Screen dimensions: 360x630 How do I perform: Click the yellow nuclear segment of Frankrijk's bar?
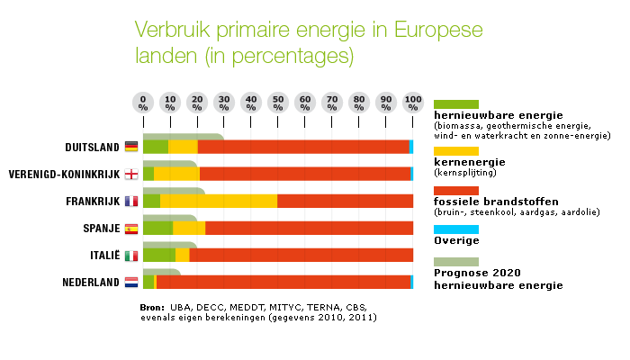tap(219, 201)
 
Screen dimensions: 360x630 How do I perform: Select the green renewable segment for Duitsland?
tap(155, 147)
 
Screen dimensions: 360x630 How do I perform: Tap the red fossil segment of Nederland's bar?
tap(283, 282)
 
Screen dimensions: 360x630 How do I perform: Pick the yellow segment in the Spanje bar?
tap(189, 228)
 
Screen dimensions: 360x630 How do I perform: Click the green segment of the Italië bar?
tap(158, 255)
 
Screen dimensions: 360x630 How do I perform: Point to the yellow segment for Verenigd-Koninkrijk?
tap(176, 174)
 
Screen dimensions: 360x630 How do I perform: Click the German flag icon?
tap(131, 147)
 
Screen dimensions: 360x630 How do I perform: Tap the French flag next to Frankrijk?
tap(131, 201)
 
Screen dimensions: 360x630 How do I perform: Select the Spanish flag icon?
tap(131, 229)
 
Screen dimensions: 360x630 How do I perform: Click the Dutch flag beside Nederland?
tap(131, 283)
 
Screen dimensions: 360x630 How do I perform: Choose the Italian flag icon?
tap(131, 256)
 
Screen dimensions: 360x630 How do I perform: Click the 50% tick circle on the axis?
tap(278, 102)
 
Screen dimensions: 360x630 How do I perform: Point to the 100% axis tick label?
tap(413, 102)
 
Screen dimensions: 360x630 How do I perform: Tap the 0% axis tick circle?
tap(143, 102)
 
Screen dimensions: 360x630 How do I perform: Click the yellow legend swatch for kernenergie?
tap(456, 150)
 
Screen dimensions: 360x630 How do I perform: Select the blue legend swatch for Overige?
tap(456, 229)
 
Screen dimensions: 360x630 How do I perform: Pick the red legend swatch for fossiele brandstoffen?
tap(456, 190)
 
